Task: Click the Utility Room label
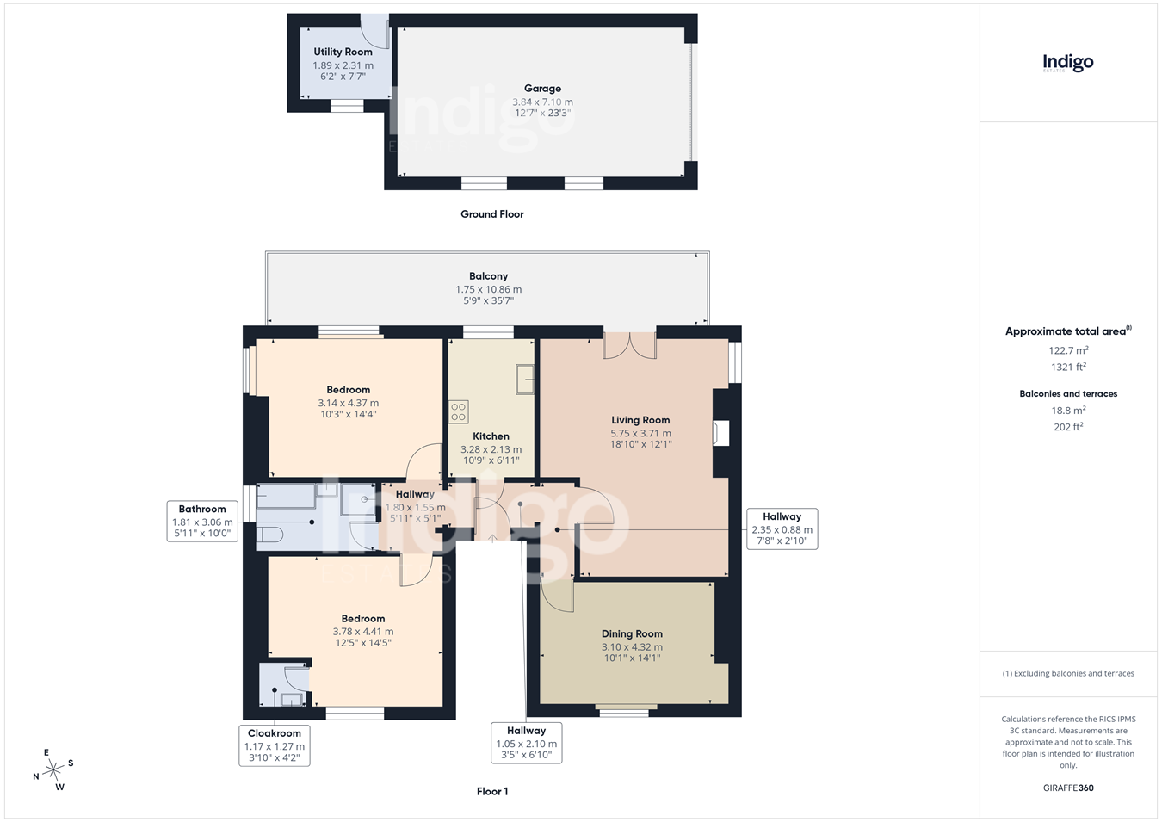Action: pos(343,52)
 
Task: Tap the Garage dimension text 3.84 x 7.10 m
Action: pos(542,102)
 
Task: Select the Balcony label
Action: pos(489,276)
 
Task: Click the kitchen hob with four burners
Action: pos(459,411)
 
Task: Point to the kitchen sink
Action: pos(525,380)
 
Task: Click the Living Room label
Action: pos(640,420)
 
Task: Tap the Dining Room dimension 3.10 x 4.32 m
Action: pos(632,647)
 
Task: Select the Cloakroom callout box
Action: pos(275,745)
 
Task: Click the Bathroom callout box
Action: pos(202,522)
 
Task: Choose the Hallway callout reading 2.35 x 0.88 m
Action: pos(782,529)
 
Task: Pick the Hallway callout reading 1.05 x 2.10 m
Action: pos(527,743)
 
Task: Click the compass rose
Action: pos(53,770)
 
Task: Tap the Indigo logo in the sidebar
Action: pos(1068,64)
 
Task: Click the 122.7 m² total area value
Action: pos(1069,350)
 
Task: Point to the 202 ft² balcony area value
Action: pos(1069,427)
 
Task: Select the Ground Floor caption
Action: pos(492,214)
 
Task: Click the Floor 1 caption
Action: pos(492,791)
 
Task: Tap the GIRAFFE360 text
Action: pos(1069,788)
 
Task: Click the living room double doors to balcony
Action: pos(630,346)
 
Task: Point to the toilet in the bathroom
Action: pos(269,535)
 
